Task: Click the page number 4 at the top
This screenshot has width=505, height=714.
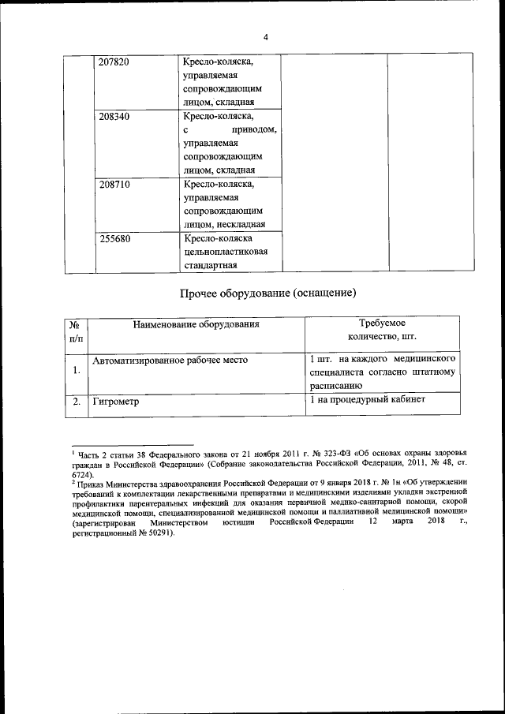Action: pyautogui.click(x=266, y=37)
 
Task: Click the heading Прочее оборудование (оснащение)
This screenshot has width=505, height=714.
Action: pyautogui.click(x=268, y=293)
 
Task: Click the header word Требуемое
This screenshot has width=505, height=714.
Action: pyautogui.click(x=383, y=323)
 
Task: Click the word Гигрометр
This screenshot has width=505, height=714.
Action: pyautogui.click(x=116, y=402)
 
